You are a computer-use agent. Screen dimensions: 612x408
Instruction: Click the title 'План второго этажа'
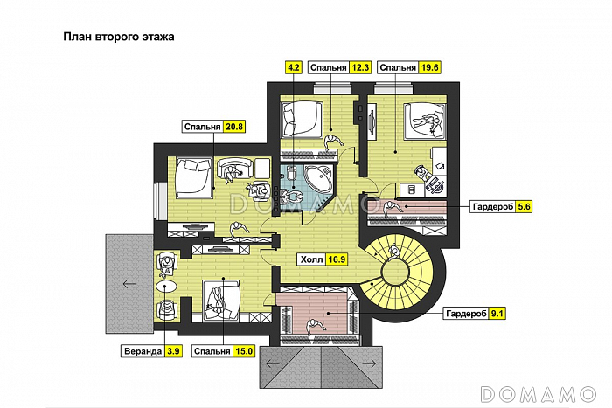[119, 37]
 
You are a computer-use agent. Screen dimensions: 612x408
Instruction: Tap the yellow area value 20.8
[234, 127]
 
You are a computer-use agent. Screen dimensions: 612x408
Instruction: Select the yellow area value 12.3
[360, 67]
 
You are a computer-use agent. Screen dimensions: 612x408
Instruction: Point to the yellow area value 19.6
[430, 67]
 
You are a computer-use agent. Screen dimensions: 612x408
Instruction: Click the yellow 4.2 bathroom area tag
[293, 67]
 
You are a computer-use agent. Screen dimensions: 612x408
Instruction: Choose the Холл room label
[312, 259]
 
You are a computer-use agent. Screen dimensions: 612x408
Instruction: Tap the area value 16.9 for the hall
[337, 259]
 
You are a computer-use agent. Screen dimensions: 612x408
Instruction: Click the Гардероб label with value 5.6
[493, 206]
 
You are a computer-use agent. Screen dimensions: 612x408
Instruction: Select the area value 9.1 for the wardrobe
[497, 314]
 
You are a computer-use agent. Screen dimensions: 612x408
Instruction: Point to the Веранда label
[143, 351]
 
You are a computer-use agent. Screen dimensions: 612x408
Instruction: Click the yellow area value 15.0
[244, 351]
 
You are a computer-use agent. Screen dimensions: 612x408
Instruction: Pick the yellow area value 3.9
[173, 351]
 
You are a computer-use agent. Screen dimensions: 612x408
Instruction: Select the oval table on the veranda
[166, 287]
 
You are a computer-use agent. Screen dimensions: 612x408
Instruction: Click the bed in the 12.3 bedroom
[303, 119]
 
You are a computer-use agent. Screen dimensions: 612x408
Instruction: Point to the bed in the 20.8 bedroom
[194, 177]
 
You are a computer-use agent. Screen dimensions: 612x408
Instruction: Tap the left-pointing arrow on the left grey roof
[129, 284]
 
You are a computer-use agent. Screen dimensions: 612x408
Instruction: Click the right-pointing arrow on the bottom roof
[369, 364]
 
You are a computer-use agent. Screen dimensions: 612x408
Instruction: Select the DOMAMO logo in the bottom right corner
[539, 394]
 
